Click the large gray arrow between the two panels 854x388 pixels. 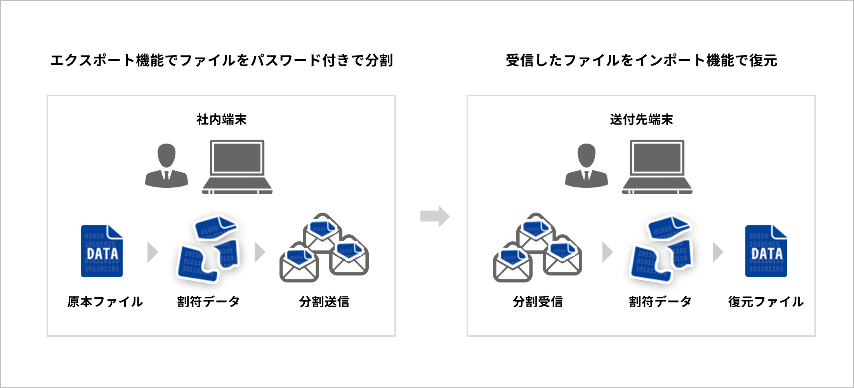(435, 216)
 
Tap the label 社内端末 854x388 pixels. (221, 120)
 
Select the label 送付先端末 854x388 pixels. (641, 120)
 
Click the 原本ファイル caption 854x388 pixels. (105, 301)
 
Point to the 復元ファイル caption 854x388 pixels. (766, 301)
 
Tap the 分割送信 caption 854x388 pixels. (324, 301)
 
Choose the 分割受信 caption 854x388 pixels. (538, 301)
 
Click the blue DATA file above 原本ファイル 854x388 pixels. (102, 251)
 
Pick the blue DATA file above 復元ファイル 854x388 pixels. (766, 251)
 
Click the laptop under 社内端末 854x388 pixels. (237, 167)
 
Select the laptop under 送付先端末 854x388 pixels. (657, 167)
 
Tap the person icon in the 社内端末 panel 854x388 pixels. (167, 166)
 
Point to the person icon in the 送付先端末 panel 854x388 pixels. (587, 166)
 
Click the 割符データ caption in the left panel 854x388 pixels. (208, 301)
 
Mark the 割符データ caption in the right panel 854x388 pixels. (660, 301)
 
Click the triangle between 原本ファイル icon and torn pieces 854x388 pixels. (153, 252)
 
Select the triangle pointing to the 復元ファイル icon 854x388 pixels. (718, 252)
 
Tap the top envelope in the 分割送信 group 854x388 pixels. (323, 233)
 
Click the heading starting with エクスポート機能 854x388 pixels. (222, 61)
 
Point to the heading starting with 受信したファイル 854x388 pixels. (641, 61)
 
